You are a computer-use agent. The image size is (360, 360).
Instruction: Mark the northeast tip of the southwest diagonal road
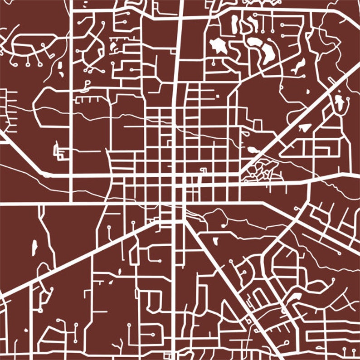(157, 222)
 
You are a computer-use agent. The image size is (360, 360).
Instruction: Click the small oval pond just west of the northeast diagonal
(252, 149)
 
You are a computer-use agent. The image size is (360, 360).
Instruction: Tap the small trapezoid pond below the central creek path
(215, 240)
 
